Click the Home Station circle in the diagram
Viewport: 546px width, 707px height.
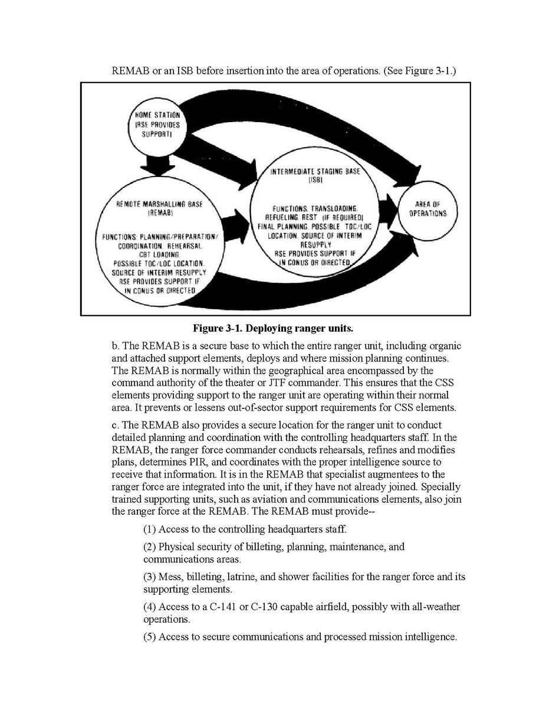click(x=154, y=126)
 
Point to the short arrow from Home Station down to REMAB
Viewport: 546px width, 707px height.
click(x=154, y=163)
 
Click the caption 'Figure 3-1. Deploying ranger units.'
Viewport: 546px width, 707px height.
click(x=272, y=328)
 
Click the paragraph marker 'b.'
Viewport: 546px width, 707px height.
click(x=116, y=346)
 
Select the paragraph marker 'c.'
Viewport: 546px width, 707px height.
click(x=116, y=425)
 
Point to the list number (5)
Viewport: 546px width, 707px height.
click(x=150, y=637)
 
